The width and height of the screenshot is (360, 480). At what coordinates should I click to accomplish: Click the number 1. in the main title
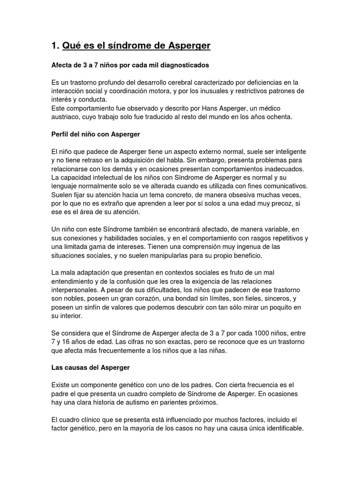[55, 45]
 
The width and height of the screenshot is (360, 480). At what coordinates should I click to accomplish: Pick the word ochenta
[279, 117]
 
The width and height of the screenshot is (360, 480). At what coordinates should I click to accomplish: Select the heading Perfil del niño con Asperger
[96, 135]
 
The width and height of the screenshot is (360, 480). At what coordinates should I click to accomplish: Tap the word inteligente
[286, 152]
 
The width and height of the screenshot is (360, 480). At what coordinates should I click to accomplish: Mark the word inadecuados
[281, 170]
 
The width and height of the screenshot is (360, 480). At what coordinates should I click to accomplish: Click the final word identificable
[282, 429]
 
